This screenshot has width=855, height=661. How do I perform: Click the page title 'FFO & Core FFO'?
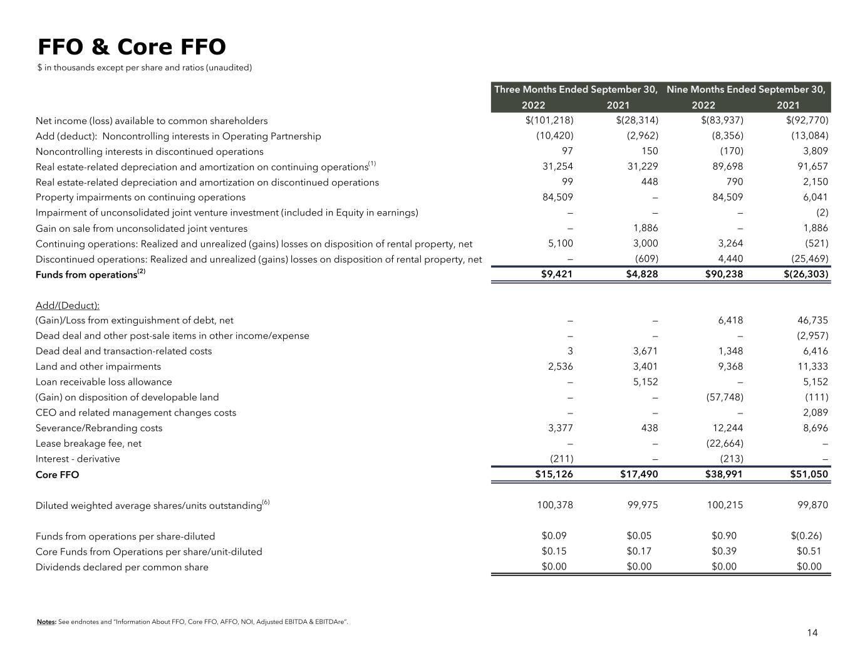(x=132, y=47)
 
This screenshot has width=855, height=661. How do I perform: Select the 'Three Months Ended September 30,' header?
(x=576, y=90)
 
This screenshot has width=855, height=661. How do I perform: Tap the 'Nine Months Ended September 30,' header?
(x=746, y=90)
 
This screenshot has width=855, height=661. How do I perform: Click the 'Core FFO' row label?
(x=58, y=475)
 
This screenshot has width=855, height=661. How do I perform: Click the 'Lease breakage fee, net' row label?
(x=88, y=444)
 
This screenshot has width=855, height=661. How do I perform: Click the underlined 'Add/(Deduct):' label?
(x=68, y=306)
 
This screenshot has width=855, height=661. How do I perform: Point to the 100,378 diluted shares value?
(x=555, y=505)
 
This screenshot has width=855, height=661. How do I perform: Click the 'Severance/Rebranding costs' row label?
(x=99, y=428)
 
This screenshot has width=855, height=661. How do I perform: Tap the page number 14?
(x=812, y=633)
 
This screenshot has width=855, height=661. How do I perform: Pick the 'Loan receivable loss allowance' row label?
(x=104, y=382)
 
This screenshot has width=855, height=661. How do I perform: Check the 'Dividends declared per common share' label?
(x=122, y=567)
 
